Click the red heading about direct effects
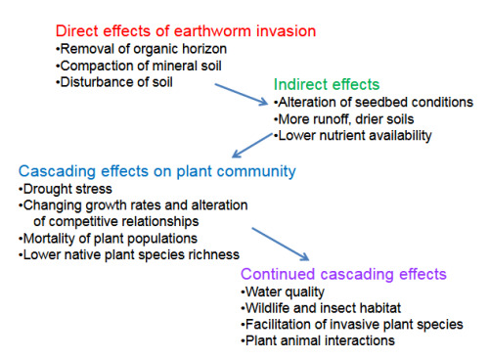[186, 31]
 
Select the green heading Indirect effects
[327, 84]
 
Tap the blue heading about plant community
[157, 171]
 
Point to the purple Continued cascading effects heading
[343, 274]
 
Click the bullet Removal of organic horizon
[141, 49]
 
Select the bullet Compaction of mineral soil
[139, 66]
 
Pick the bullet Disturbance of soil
[114, 82]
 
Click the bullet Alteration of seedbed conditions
[374, 102]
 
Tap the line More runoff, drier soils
[344, 119]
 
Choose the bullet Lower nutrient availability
[353, 136]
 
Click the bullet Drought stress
[66, 189]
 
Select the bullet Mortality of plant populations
[108, 239]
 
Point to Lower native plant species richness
[129, 254]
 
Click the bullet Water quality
[283, 292]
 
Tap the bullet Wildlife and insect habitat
[321, 308]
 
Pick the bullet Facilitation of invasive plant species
[352, 325]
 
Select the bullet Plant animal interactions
[318, 340]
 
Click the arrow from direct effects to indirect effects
[242, 95]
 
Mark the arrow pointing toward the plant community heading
[252, 146]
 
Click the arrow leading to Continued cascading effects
[281, 244]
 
